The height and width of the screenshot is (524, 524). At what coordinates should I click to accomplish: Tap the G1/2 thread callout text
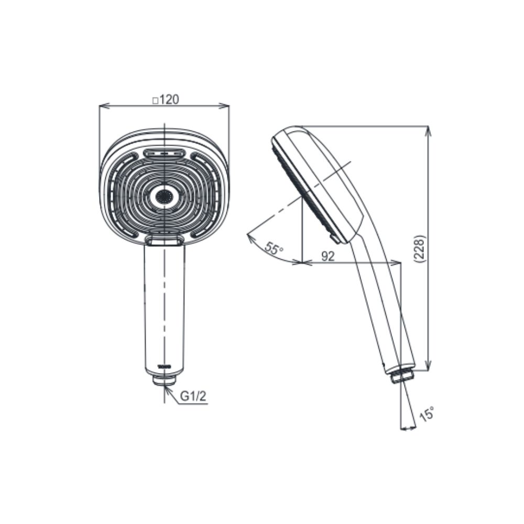[193, 396]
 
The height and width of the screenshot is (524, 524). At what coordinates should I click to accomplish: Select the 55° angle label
[274, 248]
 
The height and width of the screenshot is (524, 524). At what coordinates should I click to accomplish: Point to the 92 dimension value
[328, 256]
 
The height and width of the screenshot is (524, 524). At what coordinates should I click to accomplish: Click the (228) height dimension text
[419, 249]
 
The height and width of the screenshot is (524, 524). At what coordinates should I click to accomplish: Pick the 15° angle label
[427, 413]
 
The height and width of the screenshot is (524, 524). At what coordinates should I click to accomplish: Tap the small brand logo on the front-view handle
[165, 366]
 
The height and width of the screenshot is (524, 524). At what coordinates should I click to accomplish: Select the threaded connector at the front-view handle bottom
[165, 380]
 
